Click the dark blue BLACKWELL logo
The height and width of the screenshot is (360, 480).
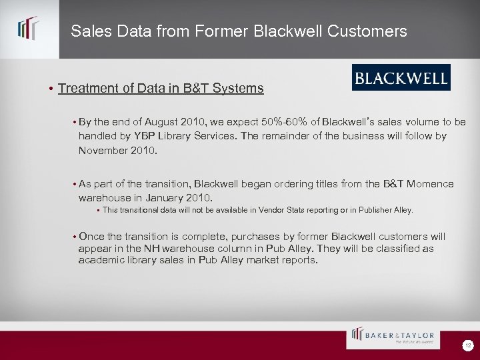(x=401, y=78)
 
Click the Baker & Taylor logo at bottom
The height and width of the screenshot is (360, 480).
(x=393, y=337)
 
